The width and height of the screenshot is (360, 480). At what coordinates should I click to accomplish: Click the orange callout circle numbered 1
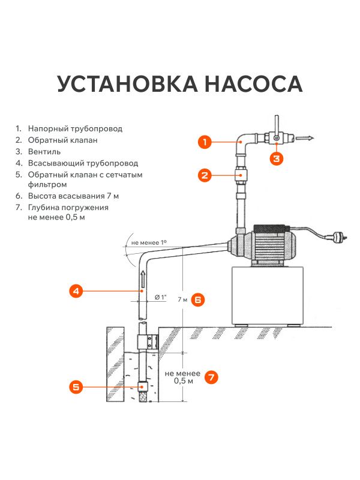point(205,142)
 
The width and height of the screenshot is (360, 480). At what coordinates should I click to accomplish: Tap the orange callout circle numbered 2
point(205,175)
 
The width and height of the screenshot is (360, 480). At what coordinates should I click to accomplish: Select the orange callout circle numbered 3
point(277,158)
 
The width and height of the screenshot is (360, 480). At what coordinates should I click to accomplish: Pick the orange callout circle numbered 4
point(76,291)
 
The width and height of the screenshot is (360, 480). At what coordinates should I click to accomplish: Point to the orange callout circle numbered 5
point(76,387)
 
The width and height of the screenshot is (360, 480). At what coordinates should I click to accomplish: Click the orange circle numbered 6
point(199,299)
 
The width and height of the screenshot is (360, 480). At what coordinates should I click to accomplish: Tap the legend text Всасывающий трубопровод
point(83,163)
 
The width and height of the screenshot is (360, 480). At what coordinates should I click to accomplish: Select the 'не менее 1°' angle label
point(148,242)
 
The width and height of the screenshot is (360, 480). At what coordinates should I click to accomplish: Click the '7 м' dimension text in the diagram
point(183,299)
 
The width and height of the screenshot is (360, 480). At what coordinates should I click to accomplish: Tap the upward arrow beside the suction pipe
point(143,278)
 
